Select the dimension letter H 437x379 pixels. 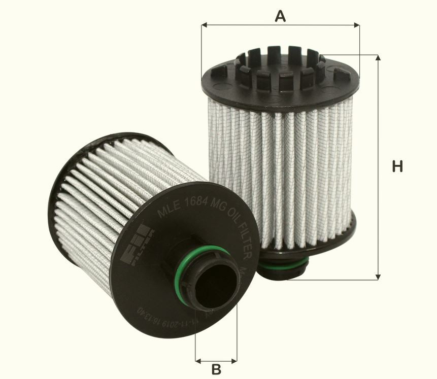coord(397,166)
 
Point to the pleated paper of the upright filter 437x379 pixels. coord(279,167)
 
